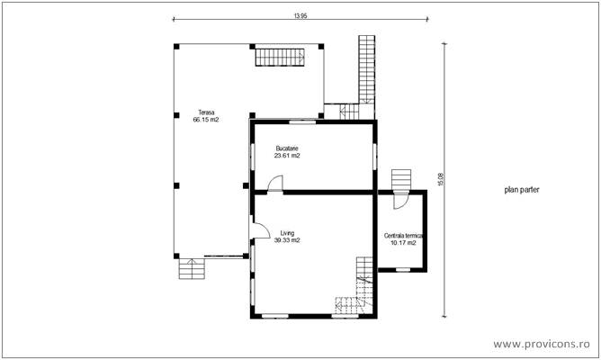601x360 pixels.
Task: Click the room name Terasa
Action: point(206,112)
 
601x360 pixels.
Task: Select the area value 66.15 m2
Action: point(206,120)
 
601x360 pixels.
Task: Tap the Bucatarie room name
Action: point(287,148)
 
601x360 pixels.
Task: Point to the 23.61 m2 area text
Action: point(287,155)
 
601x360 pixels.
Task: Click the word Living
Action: point(287,233)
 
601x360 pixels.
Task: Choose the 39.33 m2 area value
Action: point(287,240)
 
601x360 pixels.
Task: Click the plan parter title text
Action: point(522,191)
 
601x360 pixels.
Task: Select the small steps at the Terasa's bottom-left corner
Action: point(191,268)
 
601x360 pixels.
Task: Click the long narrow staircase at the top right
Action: point(366,67)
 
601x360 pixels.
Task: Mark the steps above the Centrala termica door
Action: point(401,177)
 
